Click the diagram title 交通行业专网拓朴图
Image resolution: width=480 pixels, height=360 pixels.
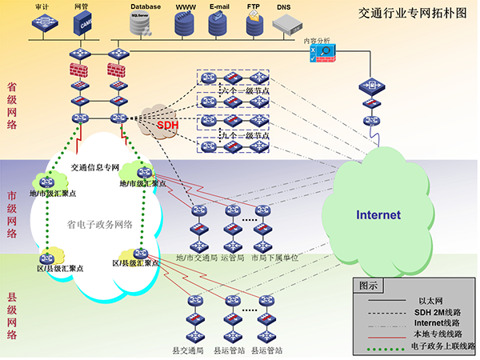[x=411, y=14]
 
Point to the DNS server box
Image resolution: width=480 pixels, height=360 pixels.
[x=286, y=26]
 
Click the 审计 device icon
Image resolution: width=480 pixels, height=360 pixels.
[x=44, y=26]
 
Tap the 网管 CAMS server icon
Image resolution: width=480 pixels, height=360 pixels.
[x=84, y=24]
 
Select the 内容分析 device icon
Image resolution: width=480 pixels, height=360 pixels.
[x=325, y=55]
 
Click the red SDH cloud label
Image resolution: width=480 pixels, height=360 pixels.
[x=167, y=125]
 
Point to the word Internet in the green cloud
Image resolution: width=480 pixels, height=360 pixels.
[x=378, y=215]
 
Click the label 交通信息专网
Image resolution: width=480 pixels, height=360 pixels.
[x=94, y=168]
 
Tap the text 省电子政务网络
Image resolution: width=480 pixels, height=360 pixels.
[x=100, y=225]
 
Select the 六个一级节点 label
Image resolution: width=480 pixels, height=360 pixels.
[x=243, y=91]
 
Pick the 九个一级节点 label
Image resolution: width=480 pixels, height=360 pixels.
[x=243, y=136]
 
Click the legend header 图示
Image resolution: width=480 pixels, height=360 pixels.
[x=369, y=285]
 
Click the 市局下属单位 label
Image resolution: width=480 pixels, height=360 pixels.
[x=274, y=258]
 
